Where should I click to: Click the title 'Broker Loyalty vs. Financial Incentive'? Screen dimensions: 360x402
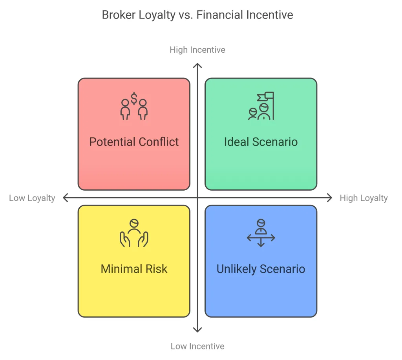(x=197, y=15)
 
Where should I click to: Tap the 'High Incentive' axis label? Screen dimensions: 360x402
(x=197, y=50)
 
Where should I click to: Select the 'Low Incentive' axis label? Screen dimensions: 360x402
(x=197, y=346)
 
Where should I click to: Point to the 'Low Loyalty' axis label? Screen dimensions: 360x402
(x=32, y=198)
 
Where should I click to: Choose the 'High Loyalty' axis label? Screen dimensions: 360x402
(x=364, y=198)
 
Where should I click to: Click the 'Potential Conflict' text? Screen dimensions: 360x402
(x=134, y=142)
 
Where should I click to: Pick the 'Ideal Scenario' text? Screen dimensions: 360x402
(x=261, y=142)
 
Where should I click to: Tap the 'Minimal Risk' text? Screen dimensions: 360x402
(x=134, y=269)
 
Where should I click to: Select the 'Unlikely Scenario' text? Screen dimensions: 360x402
(x=261, y=269)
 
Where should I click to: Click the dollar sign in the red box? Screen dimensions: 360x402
(x=134, y=99)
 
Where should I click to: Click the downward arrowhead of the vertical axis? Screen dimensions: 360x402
(x=198, y=330)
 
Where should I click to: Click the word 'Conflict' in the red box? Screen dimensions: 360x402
(x=159, y=142)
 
